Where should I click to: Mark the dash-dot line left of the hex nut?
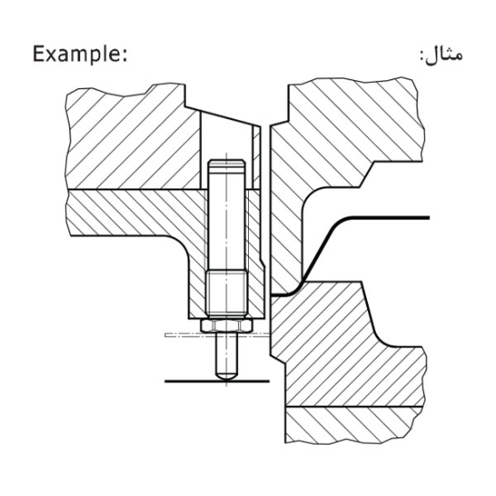click(x=180, y=335)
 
